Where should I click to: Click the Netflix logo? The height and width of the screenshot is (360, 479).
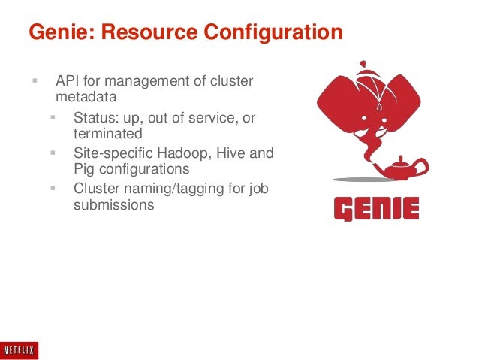[x=20, y=350]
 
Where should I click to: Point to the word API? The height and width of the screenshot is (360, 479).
[x=68, y=81]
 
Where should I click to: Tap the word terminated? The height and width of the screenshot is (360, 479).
[x=107, y=134]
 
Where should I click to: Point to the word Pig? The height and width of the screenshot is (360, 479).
[x=83, y=169]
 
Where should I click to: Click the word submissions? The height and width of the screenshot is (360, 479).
[x=113, y=204]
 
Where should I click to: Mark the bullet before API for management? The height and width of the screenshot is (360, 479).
[x=35, y=80]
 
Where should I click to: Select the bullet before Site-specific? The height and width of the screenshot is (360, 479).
[x=53, y=152]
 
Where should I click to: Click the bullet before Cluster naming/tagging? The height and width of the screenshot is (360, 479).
[x=53, y=187]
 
